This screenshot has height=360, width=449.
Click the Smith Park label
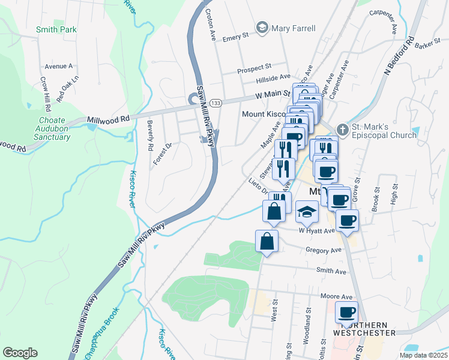(56, 29)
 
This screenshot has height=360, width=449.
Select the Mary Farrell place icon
(262, 28)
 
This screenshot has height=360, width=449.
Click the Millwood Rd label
(109, 119)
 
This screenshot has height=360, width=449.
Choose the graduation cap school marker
(307, 212)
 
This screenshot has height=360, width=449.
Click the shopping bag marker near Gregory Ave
(267, 241)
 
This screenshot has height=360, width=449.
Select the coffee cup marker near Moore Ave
(346, 312)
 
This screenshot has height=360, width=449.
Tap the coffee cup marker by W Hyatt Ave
(346, 220)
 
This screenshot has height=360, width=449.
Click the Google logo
(20, 352)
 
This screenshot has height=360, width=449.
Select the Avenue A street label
(58, 66)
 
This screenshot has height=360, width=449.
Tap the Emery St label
(235, 37)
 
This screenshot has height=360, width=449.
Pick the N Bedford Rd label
(399, 57)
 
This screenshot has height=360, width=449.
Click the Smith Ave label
(333, 271)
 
